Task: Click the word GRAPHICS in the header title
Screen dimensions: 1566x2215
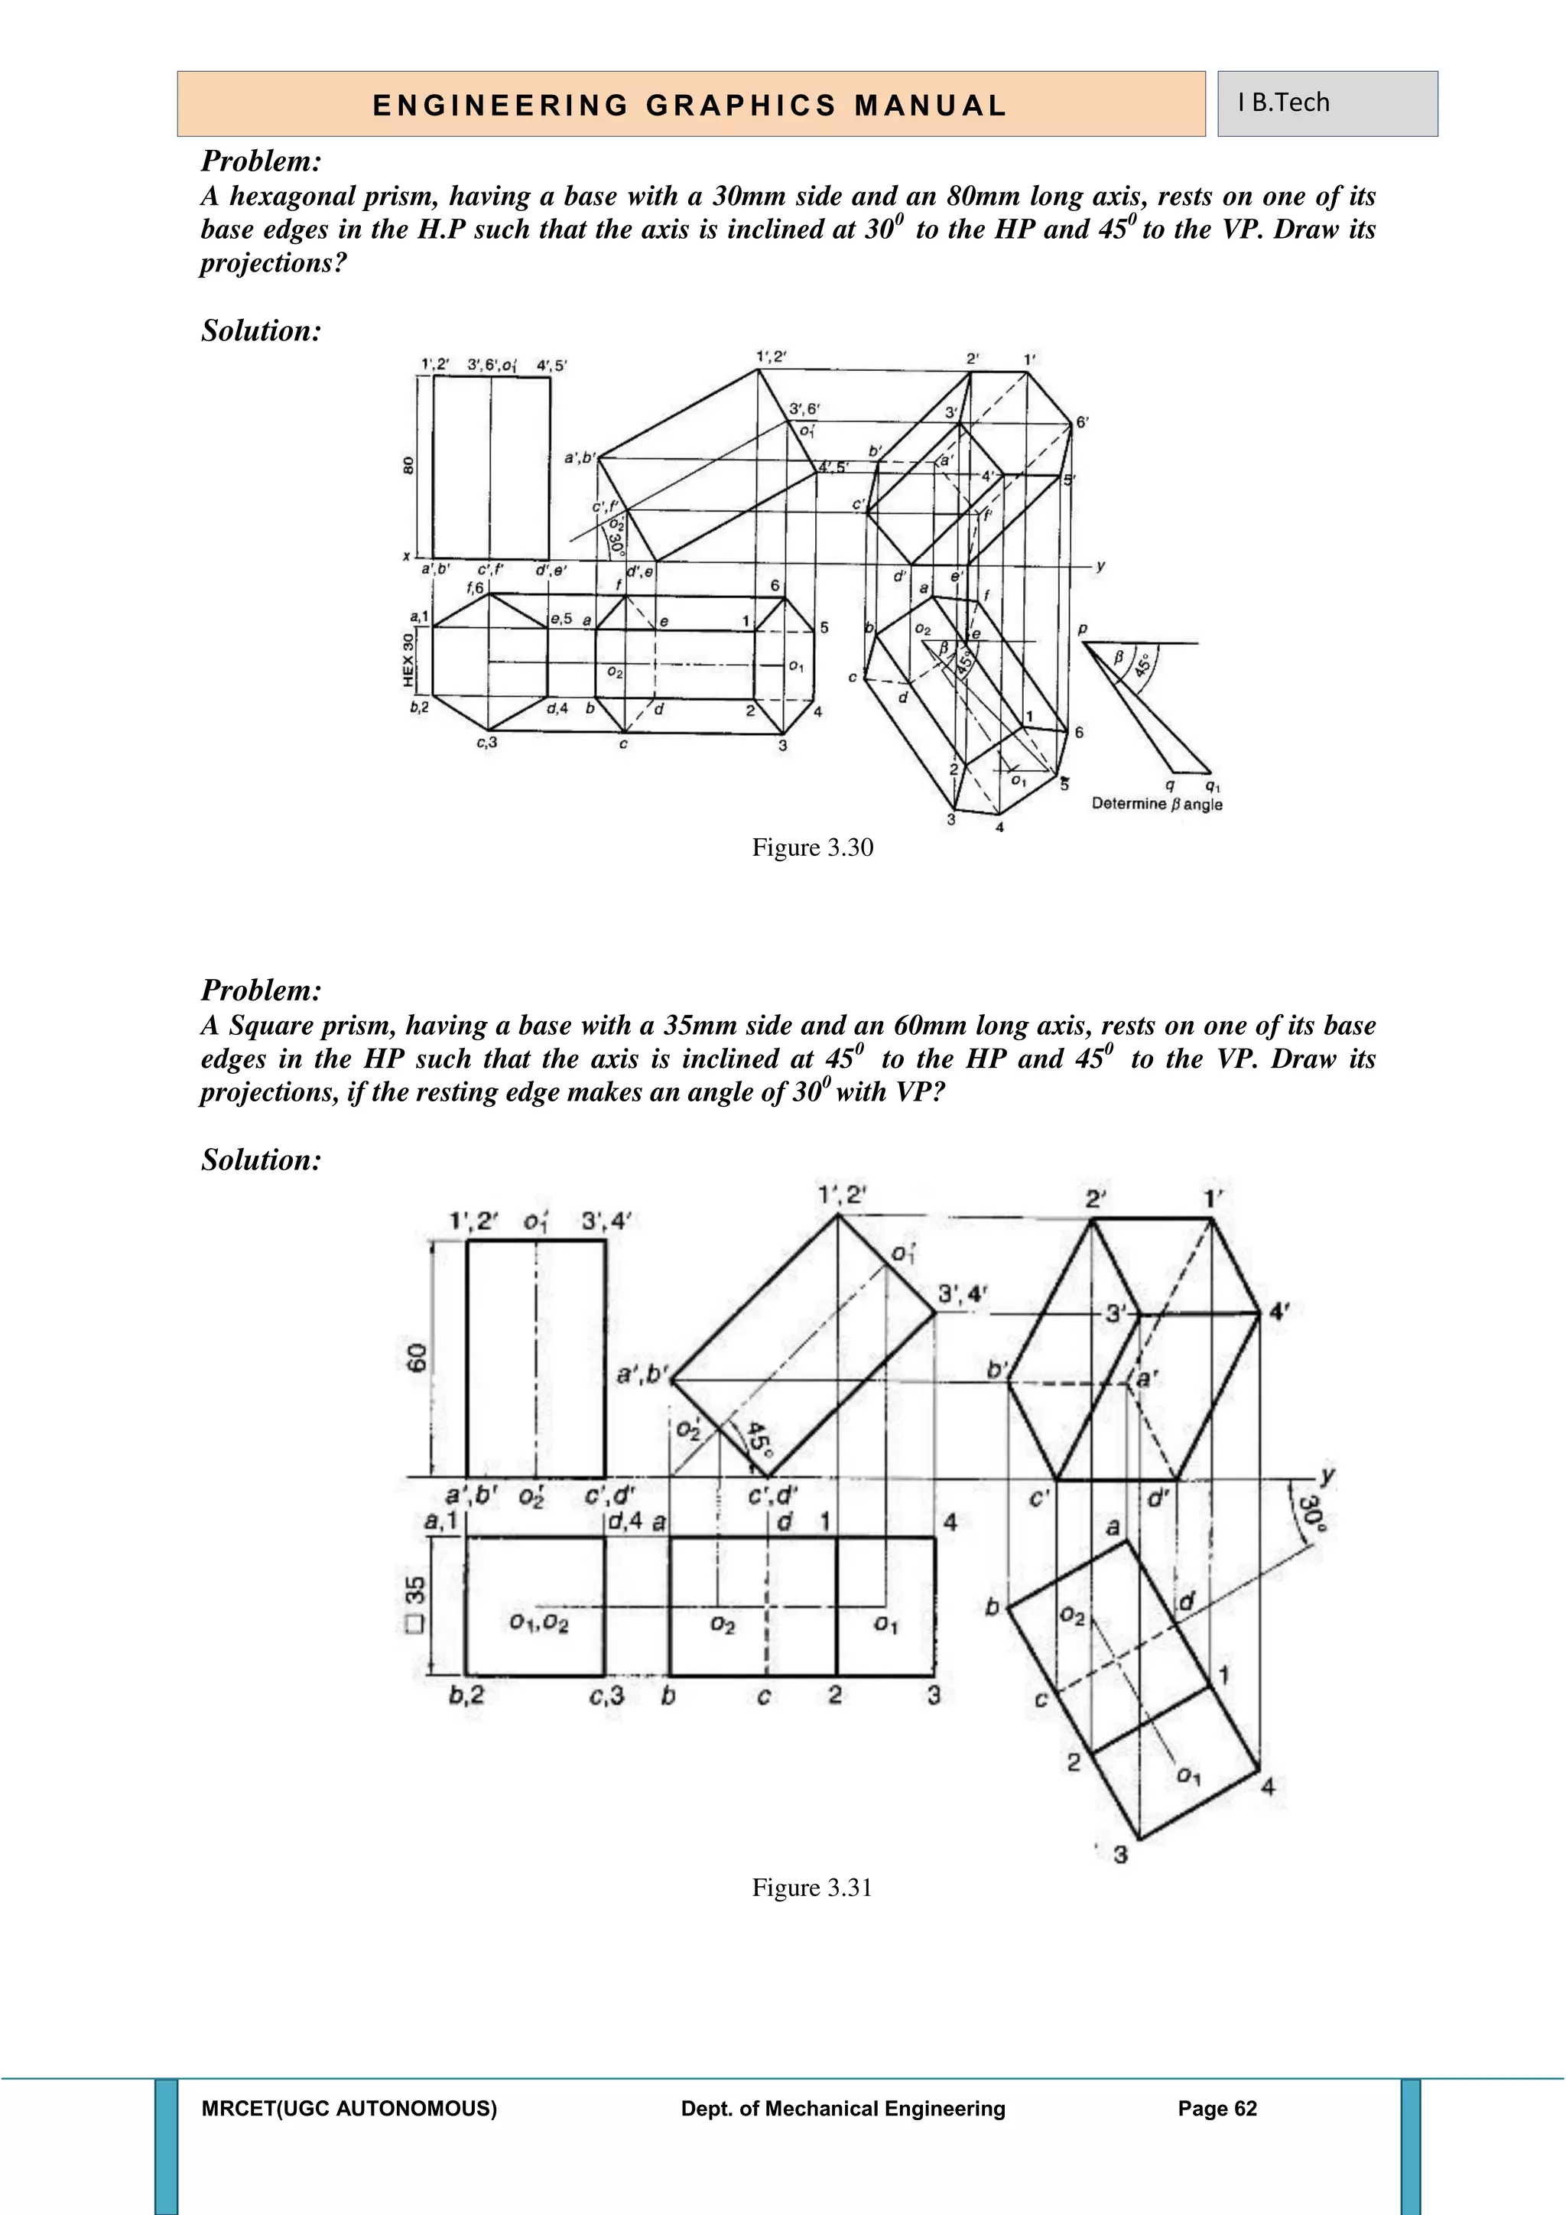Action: click(742, 105)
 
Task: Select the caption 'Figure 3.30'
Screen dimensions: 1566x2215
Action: click(812, 848)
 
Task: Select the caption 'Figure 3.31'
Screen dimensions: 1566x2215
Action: click(812, 1887)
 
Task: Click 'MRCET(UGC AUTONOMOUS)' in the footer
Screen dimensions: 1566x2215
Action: click(349, 2109)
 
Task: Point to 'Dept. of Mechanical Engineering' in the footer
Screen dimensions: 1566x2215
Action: click(843, 2109)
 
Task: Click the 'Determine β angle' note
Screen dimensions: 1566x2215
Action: click(1156, 804)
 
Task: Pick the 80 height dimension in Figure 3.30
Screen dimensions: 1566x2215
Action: click(408, 466)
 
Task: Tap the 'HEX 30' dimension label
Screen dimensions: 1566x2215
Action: click(408, 661)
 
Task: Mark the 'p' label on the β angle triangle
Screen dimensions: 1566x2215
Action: click(1082, 629)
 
